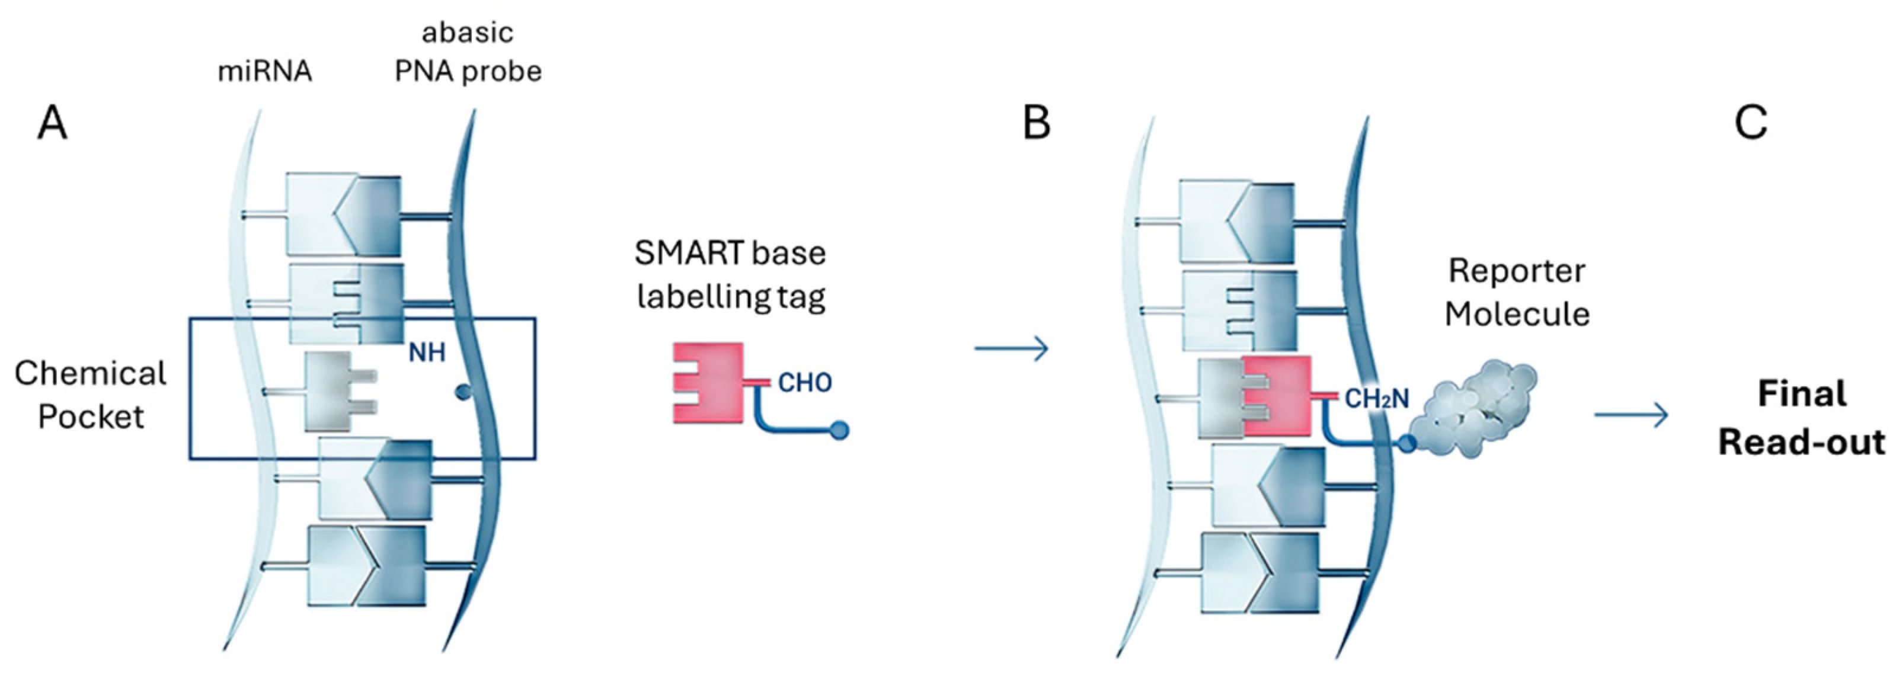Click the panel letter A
52,123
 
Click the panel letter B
1037,123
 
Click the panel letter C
1750,123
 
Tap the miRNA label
265,72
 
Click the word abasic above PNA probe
468,33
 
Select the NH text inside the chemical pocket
427,353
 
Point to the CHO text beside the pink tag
805,383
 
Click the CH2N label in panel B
1376,399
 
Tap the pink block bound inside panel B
1279,396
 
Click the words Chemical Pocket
91,395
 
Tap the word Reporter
1516,271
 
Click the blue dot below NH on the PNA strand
463,392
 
